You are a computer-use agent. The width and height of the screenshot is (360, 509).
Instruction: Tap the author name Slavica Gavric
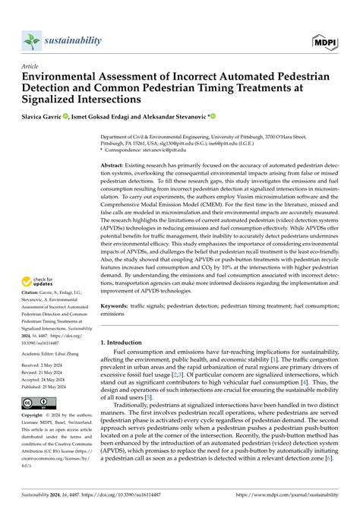[49, 117]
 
